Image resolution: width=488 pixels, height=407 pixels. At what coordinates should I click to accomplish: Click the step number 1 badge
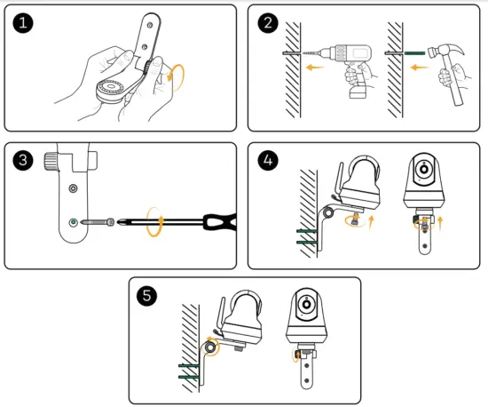click(23, 23)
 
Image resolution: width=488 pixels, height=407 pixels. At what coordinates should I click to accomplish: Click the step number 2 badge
click(268, 23)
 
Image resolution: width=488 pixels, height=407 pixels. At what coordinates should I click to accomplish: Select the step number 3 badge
click(23, 160)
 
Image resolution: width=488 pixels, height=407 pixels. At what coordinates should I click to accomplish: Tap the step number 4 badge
click(268, 160)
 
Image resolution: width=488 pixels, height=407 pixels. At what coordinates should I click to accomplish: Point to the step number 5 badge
click(146, 295)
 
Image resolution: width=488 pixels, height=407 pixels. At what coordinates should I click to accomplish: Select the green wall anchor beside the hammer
click(414, 53)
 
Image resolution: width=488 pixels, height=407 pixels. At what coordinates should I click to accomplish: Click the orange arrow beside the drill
click(314, 67)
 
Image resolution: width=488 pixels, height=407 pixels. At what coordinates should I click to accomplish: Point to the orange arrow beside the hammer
click(419, 67)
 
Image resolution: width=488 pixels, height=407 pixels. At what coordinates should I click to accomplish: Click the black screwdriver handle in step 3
click(220, 222)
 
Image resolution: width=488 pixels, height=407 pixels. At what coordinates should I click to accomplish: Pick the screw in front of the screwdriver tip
click(98, 222)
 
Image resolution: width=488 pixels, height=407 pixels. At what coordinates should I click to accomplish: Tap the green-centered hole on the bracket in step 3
click(73, 222)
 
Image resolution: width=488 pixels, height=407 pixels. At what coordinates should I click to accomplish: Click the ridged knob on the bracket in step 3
click(51, 161)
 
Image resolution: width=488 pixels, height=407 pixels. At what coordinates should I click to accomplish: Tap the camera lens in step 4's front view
click(423, 169)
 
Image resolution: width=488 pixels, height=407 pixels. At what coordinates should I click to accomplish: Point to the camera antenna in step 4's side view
click(338, 180)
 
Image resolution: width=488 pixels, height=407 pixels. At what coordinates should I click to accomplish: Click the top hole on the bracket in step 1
click(149, 25)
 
